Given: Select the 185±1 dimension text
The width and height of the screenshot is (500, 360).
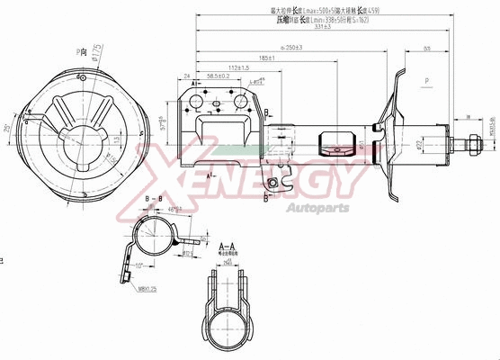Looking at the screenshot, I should tap(266, 58).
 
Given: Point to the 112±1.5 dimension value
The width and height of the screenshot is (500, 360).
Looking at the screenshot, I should tap(237, 67).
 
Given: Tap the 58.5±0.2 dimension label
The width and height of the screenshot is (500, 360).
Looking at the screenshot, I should tap(219, 76).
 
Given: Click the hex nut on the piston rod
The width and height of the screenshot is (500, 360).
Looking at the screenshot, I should tap(471, 141).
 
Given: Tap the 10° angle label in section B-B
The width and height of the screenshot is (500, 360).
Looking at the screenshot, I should tap(141, 265).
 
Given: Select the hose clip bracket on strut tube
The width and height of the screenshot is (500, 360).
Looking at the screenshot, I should tap(337, 141).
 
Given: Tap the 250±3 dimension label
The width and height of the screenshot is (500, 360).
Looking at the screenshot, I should tap(291, 46).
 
